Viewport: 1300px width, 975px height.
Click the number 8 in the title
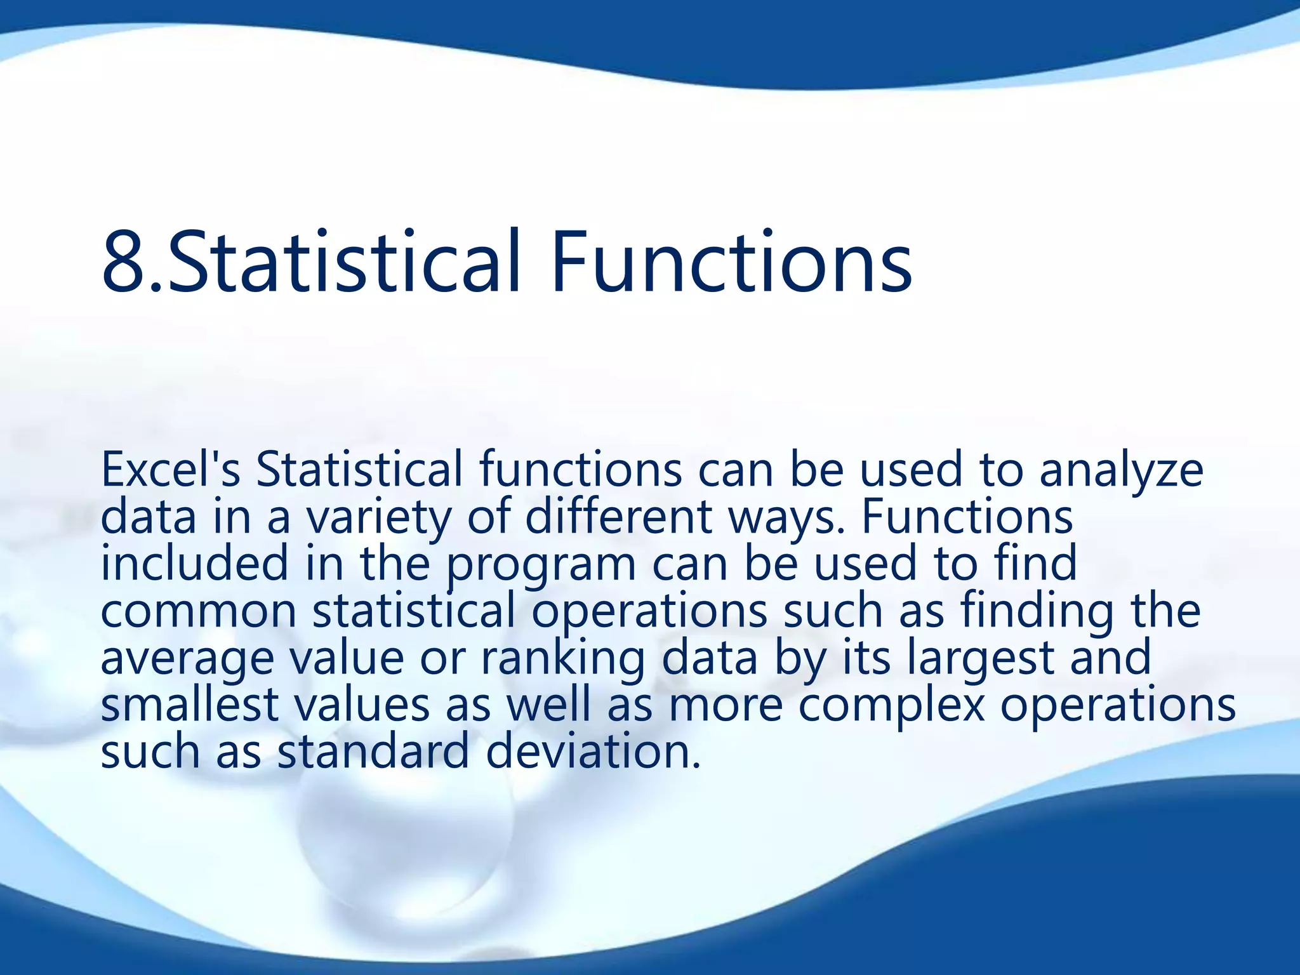tap(124, 263)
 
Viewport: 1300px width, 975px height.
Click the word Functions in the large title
tap(731, 263)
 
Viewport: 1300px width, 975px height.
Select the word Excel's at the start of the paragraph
tap(170, 470)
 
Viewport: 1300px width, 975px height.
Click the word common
tap(199, 612)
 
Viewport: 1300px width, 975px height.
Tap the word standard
tap(373, 752)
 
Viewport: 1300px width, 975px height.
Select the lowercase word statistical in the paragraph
tap(413, 611)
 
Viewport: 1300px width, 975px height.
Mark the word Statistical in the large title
tap(343, 263)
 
